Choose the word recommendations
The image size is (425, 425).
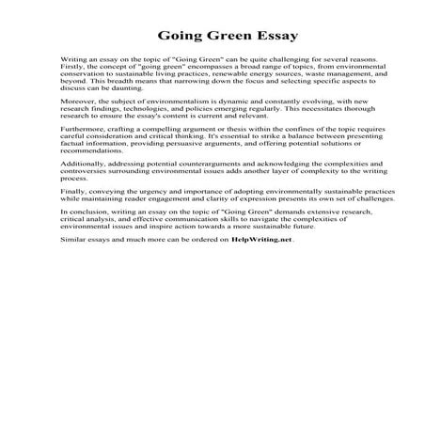coord(90,163)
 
